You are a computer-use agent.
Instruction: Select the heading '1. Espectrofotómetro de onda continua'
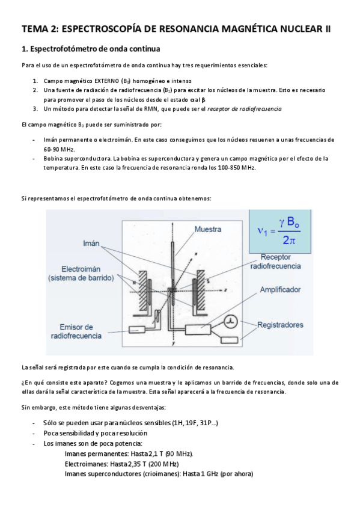(x=91, y=49)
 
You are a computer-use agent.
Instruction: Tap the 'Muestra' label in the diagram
(x=207, y=229)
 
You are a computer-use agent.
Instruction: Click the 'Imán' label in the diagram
(x=91, y=244)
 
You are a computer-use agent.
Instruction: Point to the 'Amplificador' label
(x=280, y=289)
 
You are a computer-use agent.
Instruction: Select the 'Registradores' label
(x=280, y=325)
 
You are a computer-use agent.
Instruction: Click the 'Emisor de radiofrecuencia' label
(x=76, y=331)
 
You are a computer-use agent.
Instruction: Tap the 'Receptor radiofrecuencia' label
(x=275, y=262)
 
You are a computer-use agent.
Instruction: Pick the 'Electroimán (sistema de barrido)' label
(x=81, y=274)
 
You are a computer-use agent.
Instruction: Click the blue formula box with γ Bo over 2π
(x=280, y=232)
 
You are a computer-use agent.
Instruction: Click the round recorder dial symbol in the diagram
(x=231, y=322)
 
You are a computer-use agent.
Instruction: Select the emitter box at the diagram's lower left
(x=138, y=330)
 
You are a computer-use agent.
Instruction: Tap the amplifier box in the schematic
(x=198, y=330)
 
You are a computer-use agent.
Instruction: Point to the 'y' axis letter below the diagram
(x=174, y=343)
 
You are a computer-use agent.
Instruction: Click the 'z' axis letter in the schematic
(x=225, y=289)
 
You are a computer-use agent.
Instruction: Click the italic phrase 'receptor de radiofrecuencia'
(x=245, y=109)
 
